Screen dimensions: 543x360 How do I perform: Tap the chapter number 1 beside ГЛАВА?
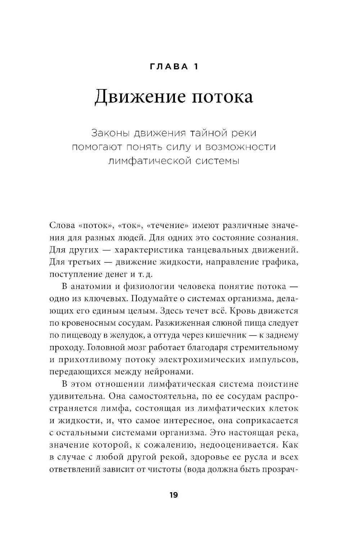tap(195, 66)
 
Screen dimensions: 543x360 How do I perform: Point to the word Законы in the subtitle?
tap(110, 133)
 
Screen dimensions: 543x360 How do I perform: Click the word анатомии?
tap(87, 287)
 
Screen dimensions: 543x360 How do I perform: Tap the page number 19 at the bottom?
tap(174, 495)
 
